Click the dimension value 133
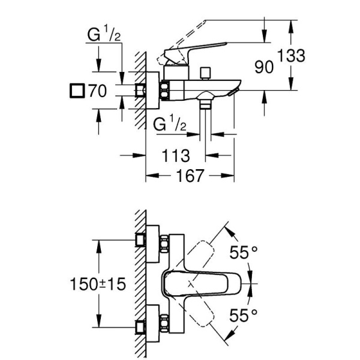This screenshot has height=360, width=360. point(292,56)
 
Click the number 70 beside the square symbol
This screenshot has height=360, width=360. point(98,92)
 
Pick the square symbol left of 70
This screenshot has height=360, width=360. point(76,92)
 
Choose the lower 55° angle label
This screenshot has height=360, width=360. point(245,314)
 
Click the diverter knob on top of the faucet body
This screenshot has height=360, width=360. point(206,73)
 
